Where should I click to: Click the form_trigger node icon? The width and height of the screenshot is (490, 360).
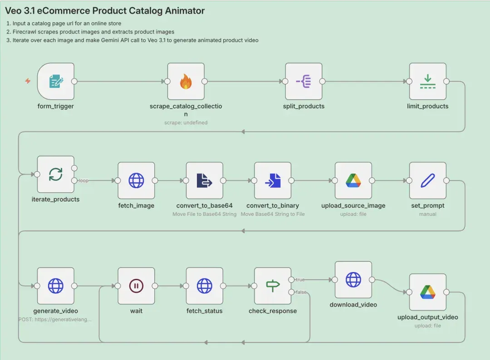[56, 81]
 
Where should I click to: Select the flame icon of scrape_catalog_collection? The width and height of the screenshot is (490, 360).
[186, 81]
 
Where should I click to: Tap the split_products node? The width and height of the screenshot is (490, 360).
[304, 81]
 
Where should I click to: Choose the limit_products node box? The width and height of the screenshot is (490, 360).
[427, 81]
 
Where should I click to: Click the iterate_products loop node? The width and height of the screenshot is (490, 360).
[56, 174]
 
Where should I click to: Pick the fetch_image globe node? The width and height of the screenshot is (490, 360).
[136, 180]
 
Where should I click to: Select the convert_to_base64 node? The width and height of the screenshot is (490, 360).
[204, 180]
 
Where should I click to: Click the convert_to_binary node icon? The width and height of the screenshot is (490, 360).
[273, 180]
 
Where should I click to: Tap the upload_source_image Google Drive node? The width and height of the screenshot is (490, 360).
[353, 180]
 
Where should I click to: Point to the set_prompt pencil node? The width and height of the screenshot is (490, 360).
[427, 180]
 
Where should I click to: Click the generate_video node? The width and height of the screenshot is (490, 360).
[56, 286]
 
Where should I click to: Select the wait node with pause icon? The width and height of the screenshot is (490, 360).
[136, 286]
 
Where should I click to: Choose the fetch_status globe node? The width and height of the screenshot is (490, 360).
[204, 286]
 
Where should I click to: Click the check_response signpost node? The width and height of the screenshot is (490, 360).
[273, 286]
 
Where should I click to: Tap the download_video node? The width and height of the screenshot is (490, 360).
[353, 280]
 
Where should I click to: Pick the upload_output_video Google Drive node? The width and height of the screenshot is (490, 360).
[427, 292]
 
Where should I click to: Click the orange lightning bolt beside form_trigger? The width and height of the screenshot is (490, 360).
[28, 81]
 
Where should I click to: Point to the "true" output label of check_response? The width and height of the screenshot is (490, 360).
[300, 280]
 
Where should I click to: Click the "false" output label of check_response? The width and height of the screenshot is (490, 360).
[301, 292]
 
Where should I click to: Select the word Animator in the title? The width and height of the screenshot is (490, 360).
[185, 10]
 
